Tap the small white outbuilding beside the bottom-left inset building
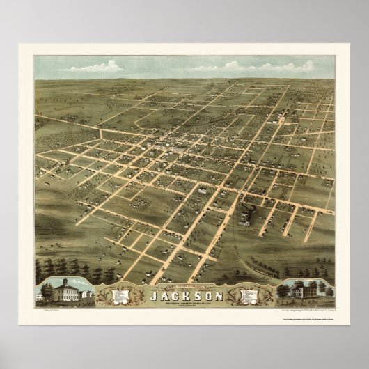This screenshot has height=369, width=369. [x=85, y=295]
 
